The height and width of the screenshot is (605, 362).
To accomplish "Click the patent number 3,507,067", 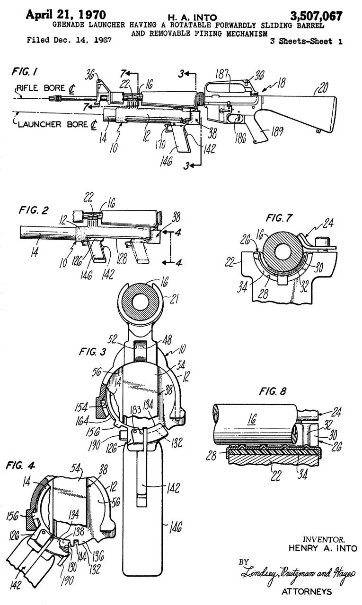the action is pos(316,16).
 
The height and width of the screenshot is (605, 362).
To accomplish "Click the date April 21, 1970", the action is pos(66,15).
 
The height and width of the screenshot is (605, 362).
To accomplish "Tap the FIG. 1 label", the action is pos(24,72).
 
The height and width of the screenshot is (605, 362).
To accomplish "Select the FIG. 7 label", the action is pos(279,218).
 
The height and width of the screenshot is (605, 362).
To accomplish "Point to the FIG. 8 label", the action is pos(273,391).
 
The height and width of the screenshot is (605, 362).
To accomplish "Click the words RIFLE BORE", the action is pos(41,88).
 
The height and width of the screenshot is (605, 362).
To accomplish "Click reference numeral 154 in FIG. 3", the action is pos(81,407).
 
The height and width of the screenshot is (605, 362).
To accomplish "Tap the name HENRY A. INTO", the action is pos(323,548).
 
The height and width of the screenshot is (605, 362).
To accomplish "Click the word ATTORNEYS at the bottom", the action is pos(307,591).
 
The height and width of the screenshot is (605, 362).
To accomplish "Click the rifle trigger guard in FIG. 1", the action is pos(236,118).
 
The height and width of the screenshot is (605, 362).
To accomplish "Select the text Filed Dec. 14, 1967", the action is pos(69,40).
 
